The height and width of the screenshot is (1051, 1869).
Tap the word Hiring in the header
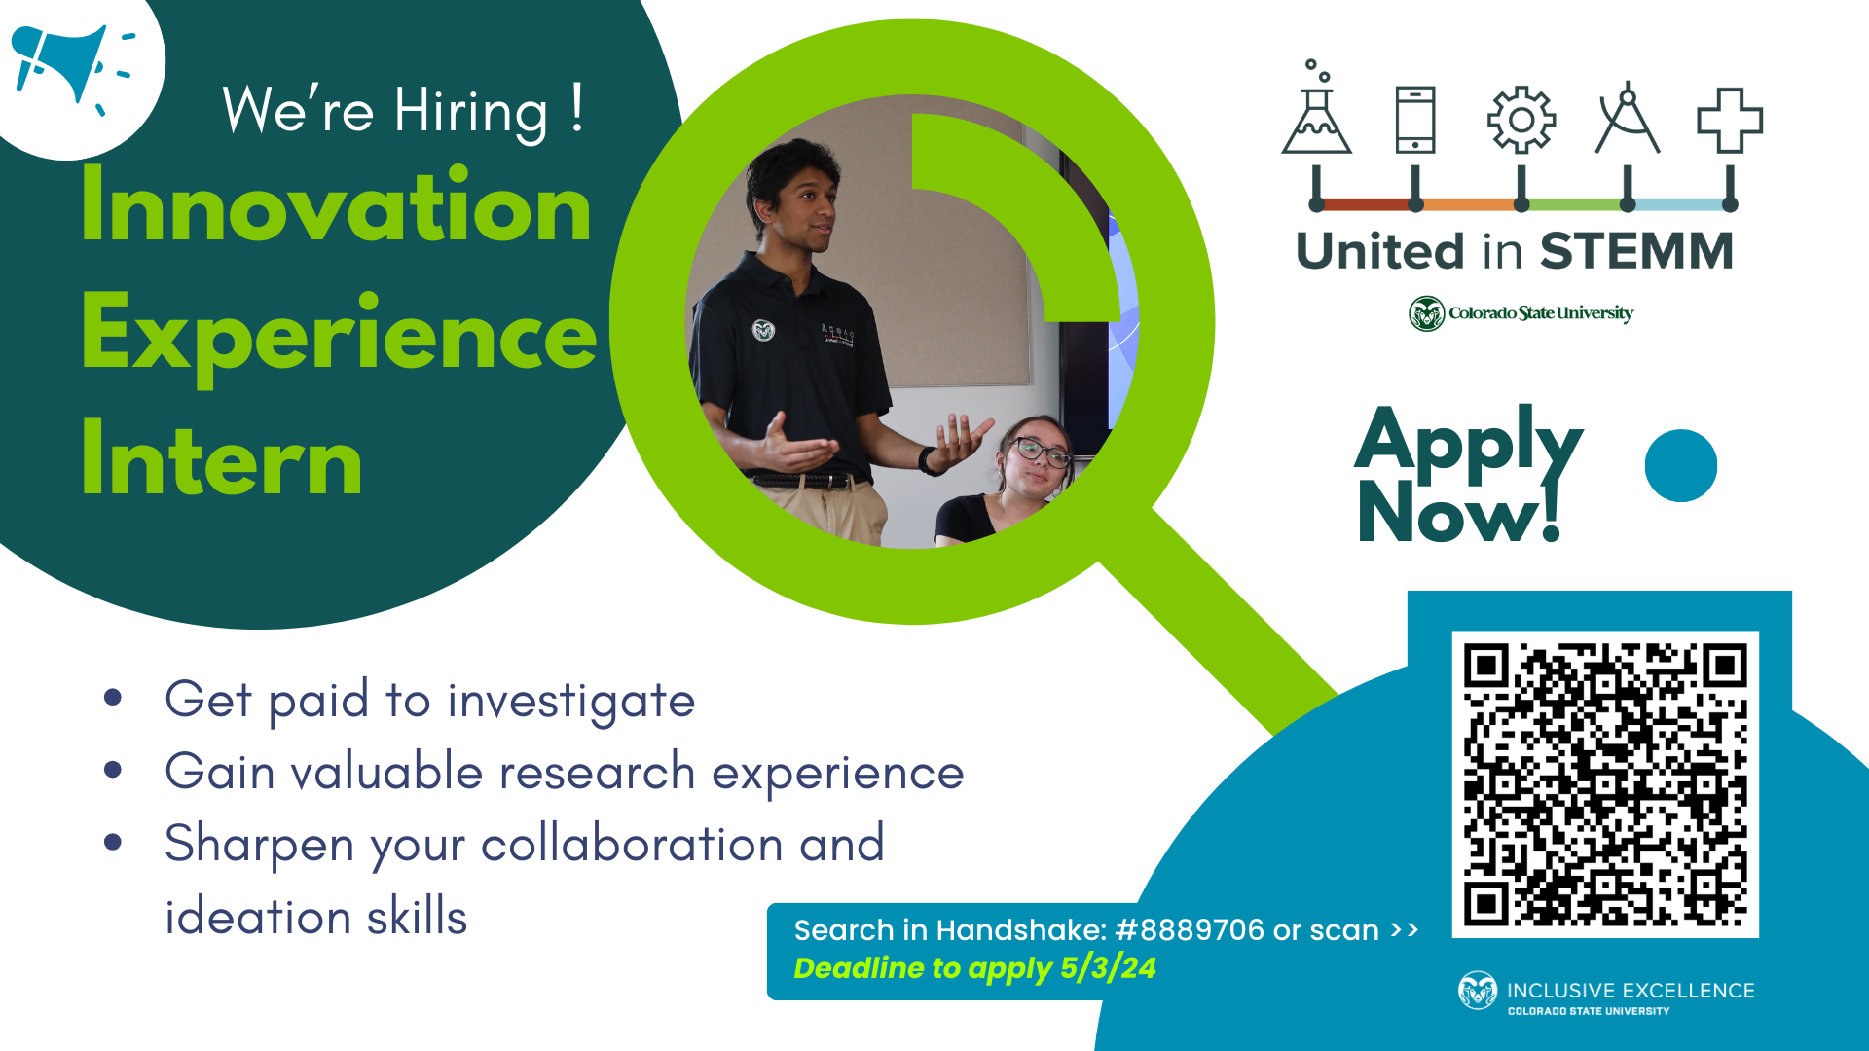pos(471,112)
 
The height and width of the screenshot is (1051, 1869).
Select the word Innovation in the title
pos(337,205)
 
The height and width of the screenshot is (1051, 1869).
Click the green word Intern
pos(222,458)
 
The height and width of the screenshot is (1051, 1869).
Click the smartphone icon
pos(1415,120)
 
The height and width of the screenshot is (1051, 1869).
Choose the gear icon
pos(1521,120)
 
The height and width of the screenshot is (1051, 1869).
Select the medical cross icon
pos(1730,121)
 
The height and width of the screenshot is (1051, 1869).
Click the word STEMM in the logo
pos(1636,251)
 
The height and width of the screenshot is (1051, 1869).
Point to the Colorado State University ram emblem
pos(1427,313)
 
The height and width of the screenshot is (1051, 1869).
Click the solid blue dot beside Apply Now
pos(1681,466)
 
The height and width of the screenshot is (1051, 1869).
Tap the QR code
pos(1605,784)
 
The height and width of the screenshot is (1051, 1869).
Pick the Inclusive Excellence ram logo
pos(1477,991)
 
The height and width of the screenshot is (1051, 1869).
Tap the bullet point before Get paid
pos(113,697)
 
